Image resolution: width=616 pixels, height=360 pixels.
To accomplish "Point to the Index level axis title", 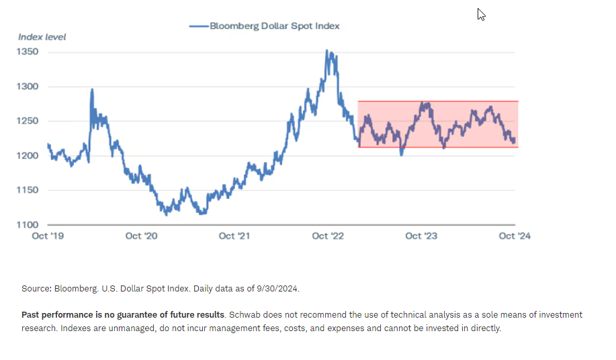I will pyautogui.click(x=42, y=36).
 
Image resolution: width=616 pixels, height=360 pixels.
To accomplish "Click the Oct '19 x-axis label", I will pyautogui.click(x=48, y=236).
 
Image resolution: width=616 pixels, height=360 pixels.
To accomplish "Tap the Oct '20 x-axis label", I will pyautogui.click(x=142, y=236).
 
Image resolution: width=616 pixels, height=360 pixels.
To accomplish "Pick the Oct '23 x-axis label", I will pyautogui.click(x=422, y=236).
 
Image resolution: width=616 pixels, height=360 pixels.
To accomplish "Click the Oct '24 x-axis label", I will pyautogui.click(x=515, y=236).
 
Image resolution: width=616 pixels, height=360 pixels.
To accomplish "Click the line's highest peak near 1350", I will pyautogui.click(x=327, y=50).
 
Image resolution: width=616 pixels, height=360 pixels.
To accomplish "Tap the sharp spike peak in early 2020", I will pyautogui.click(x=92, y=89).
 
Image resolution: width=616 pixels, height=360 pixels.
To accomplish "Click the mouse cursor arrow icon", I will pyautogui.click(x=481, y=14).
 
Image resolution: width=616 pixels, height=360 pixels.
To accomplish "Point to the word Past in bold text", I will pyautogui.click(x=31, y=315).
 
